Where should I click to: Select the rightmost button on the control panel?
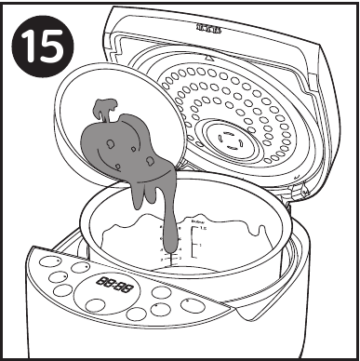[x=194, y=304]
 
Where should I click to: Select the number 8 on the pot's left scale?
[x=161, y=227]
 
